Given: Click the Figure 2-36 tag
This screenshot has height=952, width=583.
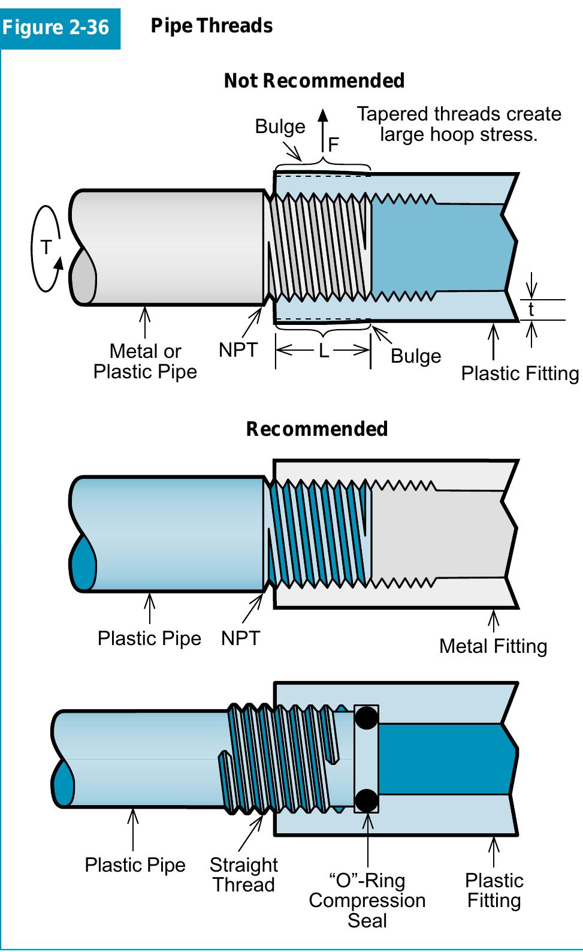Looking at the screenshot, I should pos(56,28).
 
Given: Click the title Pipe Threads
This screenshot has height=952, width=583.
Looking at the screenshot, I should pos(212,26).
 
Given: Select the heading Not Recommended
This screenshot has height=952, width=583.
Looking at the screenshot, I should pos(314,80).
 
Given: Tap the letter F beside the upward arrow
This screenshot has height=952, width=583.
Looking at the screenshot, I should pos(334,144).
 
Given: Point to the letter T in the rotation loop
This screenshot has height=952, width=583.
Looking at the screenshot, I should pos(46,247).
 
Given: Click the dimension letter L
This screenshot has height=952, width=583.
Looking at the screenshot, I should pos(324,351).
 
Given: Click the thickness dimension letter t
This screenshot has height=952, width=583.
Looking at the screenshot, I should pos(531,310).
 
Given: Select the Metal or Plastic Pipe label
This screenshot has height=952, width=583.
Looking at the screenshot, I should pos(145,361).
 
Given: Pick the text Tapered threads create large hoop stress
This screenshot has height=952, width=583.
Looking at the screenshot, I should pos(459,123).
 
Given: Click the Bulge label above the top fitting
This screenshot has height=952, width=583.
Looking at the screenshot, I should pos(280,126).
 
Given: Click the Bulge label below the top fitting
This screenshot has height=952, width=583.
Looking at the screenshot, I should pos(415,356).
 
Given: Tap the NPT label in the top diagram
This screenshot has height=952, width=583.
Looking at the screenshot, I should pos(238,350).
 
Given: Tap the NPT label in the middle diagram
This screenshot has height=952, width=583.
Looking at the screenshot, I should pos(240,638).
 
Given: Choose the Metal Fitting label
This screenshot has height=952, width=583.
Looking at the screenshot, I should pos(493,646).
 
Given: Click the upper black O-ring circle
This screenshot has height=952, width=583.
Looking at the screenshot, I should pos(366,718).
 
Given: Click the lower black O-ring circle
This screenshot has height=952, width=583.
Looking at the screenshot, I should pos(366,800).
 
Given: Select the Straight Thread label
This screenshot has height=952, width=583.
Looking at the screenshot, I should pos(243,875).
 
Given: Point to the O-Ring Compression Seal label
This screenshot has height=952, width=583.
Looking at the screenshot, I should pos(367,900).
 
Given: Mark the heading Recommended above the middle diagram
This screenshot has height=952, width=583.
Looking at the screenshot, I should pos(316,429).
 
